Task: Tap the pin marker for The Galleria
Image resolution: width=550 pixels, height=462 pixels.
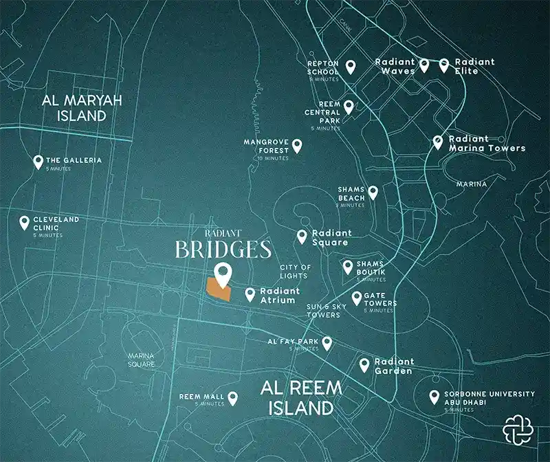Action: coord(38,162)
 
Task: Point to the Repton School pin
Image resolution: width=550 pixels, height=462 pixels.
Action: coord(350,66)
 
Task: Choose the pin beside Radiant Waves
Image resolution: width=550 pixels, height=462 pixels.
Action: coord(424,65)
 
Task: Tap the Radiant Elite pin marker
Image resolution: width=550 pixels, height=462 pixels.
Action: coord(444,65)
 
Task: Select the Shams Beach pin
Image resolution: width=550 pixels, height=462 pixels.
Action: coord(373,192)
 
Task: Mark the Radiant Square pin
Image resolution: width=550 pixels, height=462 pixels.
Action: coord(301,236)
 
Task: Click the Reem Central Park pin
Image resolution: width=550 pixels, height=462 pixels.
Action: coord(349,107)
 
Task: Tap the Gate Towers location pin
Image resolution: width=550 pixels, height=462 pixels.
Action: coord(357,298)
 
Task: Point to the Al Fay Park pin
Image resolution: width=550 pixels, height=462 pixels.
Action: coord(327,343)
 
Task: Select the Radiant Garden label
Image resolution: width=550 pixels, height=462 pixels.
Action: coord(394,366)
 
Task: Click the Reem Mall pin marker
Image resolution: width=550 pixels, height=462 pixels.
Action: coord(232,397)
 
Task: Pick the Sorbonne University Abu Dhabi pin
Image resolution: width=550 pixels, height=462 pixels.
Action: coord(434,397)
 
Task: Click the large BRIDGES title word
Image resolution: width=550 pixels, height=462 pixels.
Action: coord(223,249)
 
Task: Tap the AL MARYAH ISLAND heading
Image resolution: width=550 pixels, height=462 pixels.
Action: coord(82,108)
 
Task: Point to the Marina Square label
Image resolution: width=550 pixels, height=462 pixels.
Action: coord(141,360)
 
